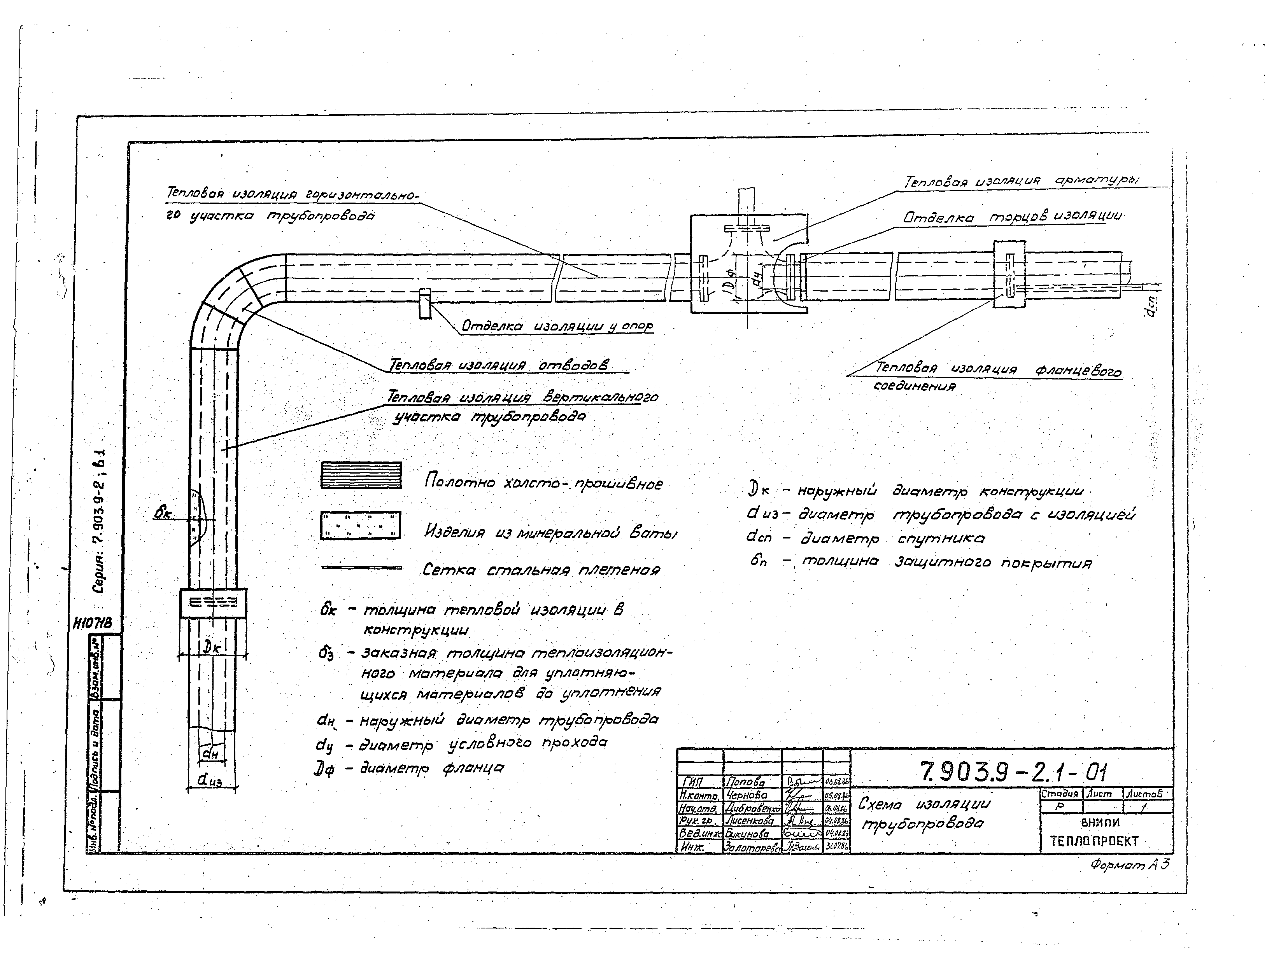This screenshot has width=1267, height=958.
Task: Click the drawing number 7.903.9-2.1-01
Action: pyautogui.click(x=1013, y=773)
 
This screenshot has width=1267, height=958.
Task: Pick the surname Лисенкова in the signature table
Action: pyautogui.click(x=749, y=821)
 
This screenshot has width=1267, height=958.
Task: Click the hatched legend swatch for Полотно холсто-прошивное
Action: pyautogui.click(x=361, y=475)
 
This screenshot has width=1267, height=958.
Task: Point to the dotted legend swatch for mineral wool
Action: pyautogui.click(x=360, y=525)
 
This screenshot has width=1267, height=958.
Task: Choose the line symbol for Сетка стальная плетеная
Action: pyautogui.click(x=361, y=568)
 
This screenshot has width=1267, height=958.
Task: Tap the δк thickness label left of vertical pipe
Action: pyautogui.click(x=163, y=514)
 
